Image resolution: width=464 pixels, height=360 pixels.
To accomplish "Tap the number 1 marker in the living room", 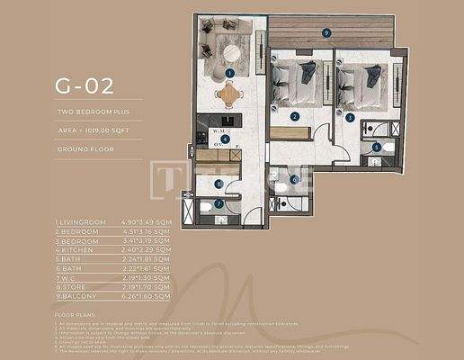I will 230,73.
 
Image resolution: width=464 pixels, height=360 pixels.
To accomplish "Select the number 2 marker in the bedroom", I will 294,117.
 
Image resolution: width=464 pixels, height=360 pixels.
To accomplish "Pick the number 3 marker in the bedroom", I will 349,117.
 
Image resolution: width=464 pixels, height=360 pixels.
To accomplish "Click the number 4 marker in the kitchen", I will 225,139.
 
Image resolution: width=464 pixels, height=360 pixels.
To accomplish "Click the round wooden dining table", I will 230,90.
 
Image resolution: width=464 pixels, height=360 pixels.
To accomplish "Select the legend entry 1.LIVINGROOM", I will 80,221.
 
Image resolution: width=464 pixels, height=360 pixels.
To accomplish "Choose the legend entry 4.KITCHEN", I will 74,245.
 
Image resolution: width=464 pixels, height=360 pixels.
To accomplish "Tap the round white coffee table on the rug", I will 232,51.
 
